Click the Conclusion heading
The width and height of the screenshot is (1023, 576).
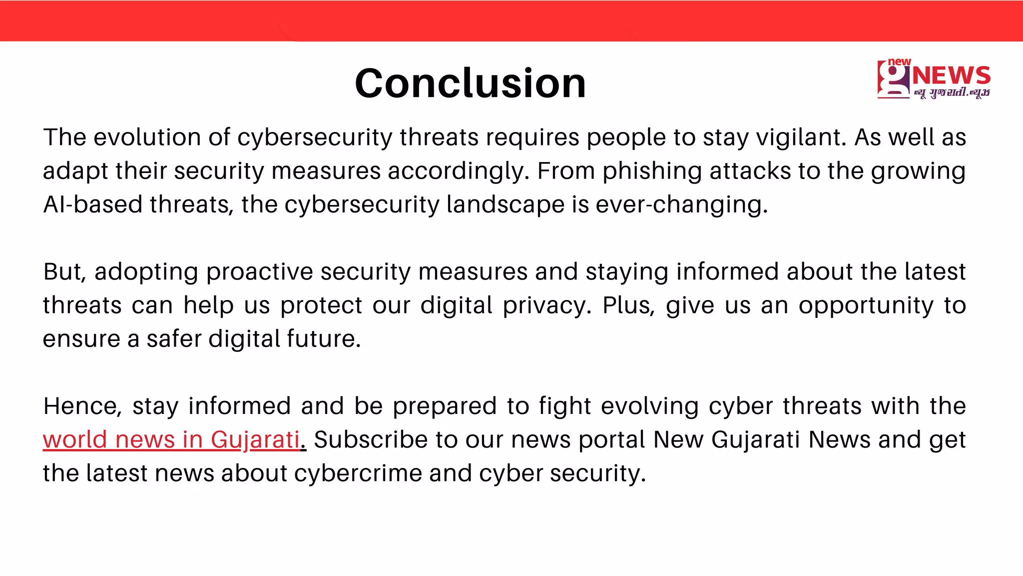pyautogui.click(x=470, y=83)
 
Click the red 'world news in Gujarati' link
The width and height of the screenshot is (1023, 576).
pyautogui.click(x=171, y=440)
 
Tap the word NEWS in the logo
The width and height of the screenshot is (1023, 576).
pyautogui.click(x=951, y=76)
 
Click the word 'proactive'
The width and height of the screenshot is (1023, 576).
pyautogui.click(x=259, y=272)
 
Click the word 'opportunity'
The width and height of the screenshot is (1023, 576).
pyautogui.click(x=866, y=305)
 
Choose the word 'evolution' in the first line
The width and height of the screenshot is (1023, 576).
pyautogui.click(x=147, y=137)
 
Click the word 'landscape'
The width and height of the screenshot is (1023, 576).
pyautogui.click(x=505, y=204)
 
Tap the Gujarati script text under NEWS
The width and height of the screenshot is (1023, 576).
pyautogui.click(x=952, y=93)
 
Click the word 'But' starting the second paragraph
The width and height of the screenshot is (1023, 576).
pyautogui.click(x=64, y=272)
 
